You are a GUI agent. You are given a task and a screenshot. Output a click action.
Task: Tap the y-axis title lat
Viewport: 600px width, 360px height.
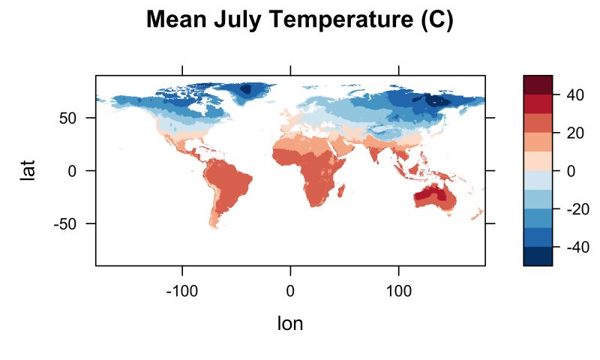click(28, 170)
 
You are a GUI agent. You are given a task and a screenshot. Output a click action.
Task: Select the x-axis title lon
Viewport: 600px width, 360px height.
click(290, 323)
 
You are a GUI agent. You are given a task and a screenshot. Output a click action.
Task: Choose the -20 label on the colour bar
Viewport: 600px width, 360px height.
click(571, 209)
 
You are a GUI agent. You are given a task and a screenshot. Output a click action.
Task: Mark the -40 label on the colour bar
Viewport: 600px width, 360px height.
click(571, 247)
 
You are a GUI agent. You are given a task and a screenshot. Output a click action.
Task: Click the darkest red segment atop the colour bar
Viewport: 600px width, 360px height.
click(538, 84)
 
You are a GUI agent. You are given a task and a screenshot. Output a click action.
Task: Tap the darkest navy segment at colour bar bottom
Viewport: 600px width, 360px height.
click(538, 256)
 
